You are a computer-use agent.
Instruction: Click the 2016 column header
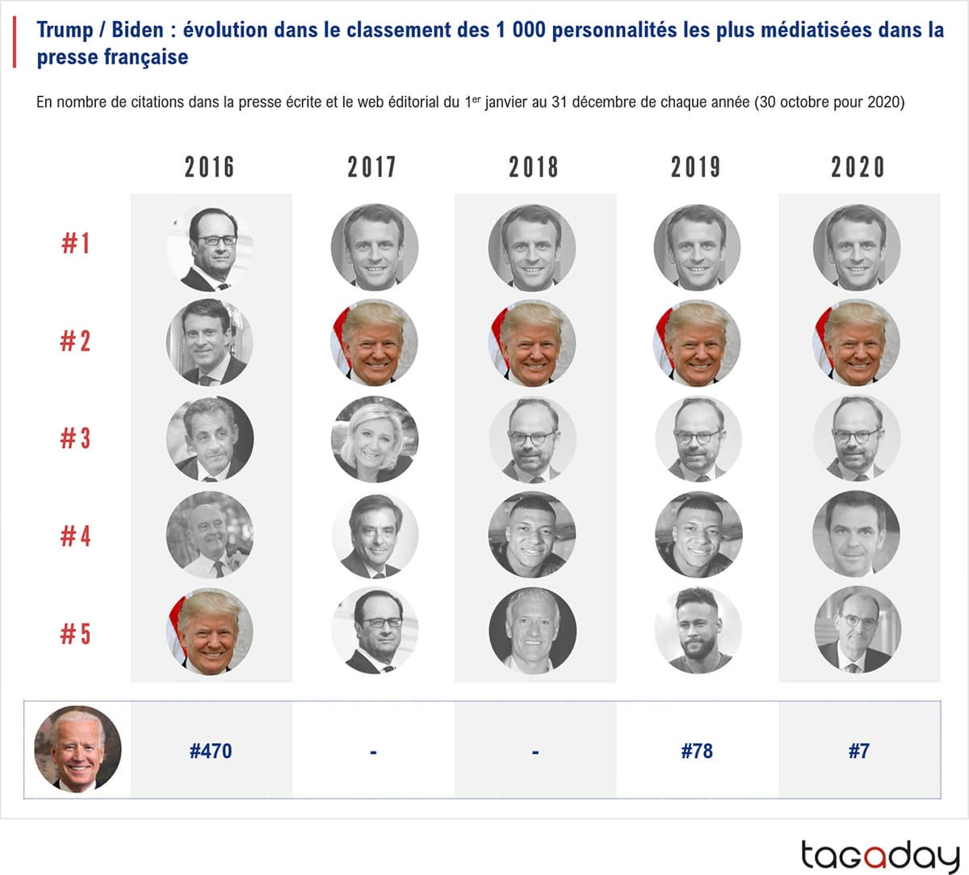click(x=209, y=167)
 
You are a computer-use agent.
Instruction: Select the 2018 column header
click(x=533, y=167)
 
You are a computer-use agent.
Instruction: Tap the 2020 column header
click(x=858, y=167)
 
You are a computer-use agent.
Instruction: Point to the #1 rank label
click(x=76, y=243)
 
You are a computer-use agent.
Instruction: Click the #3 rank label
click(x=75, y=438)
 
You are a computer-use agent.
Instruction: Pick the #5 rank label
click(x=75, y=634)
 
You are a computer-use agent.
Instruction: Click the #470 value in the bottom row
click(x=211, y=751)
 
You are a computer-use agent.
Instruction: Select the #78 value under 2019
click(x=697, y=751)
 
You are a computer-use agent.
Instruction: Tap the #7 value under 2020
click(x=858, y=751)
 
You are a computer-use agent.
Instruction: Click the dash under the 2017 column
click(x=373, y=752)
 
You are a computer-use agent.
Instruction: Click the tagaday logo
click(x=879, y=855)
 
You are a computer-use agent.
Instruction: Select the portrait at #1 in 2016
click(x=210, y=247)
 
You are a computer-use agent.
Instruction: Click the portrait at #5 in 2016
click(x=210, y=632)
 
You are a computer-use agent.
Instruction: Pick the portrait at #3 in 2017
click(x=374, y=439)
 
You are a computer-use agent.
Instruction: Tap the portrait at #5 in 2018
click(x=532, y=630)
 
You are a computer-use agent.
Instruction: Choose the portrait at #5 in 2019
click(x=696, y=630)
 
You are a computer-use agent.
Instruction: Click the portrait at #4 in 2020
click(x=856, y=534)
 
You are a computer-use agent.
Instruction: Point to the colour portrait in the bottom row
click(x=78, y=749)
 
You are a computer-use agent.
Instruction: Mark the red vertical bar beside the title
click(x=15, y=44)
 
